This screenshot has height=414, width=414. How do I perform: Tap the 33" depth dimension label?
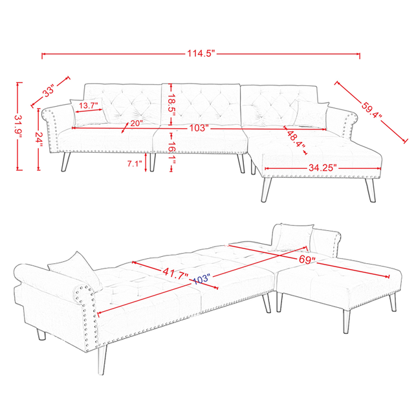point(49,92)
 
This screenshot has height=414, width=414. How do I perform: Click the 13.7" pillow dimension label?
point(89,105)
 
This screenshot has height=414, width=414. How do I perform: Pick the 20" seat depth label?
point(135,123)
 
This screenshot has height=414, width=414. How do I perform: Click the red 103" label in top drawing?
point(199,128)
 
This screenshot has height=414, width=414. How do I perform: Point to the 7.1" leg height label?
point(135,164)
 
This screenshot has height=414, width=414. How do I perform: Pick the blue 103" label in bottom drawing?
point(202,279)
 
